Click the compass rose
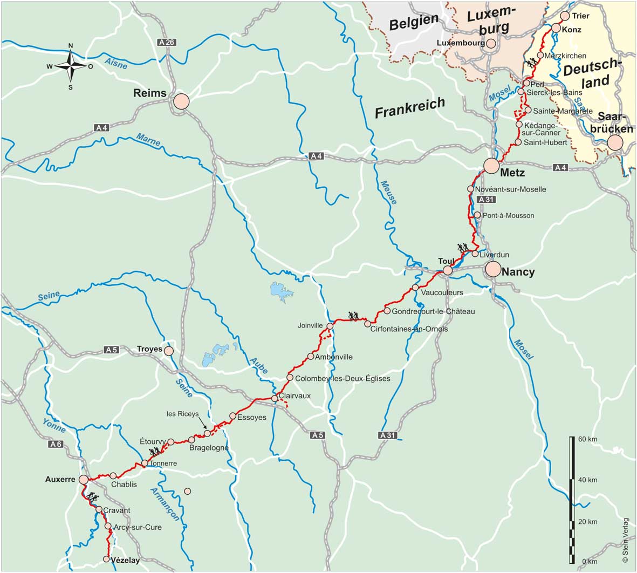point(70,66)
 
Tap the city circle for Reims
point(181,101)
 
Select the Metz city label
point(512,173)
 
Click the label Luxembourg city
point(460,43)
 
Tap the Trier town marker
point(565,16)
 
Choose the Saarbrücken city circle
point(614,142)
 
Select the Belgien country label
point(414,23)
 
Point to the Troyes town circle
point(169,351)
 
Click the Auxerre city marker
point(84,479)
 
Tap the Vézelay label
point(125,560)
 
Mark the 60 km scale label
point(587,439)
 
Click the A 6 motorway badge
point(56,444)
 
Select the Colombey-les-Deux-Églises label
point(343,379)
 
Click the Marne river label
point(148,139)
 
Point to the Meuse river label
point(389,192)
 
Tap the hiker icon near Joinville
point(354,316)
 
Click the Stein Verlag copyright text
point(626,541)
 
